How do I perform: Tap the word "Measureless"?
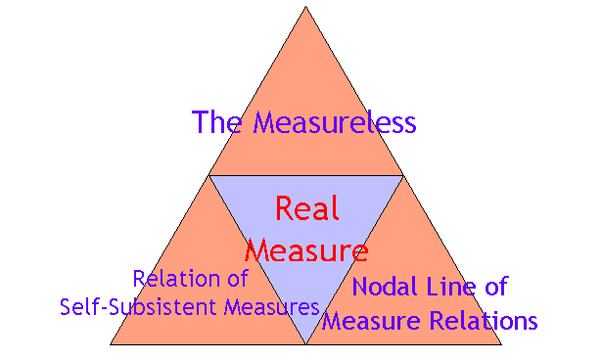coord(335,123)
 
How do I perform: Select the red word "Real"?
coord(305,208)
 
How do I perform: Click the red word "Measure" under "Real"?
coord(305,250)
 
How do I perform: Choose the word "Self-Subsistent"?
coord(141,306)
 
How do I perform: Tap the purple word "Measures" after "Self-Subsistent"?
coord(273,306)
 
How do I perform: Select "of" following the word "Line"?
coord(497,288)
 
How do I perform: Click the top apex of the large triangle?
coord(305,7)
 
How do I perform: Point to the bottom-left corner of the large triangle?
coord(110,344)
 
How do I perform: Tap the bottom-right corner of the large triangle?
coord(501,344)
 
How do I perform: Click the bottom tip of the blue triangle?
coord(305,343)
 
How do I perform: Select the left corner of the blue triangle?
coord(208,176)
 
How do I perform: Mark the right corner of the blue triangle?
coord(402,176)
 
